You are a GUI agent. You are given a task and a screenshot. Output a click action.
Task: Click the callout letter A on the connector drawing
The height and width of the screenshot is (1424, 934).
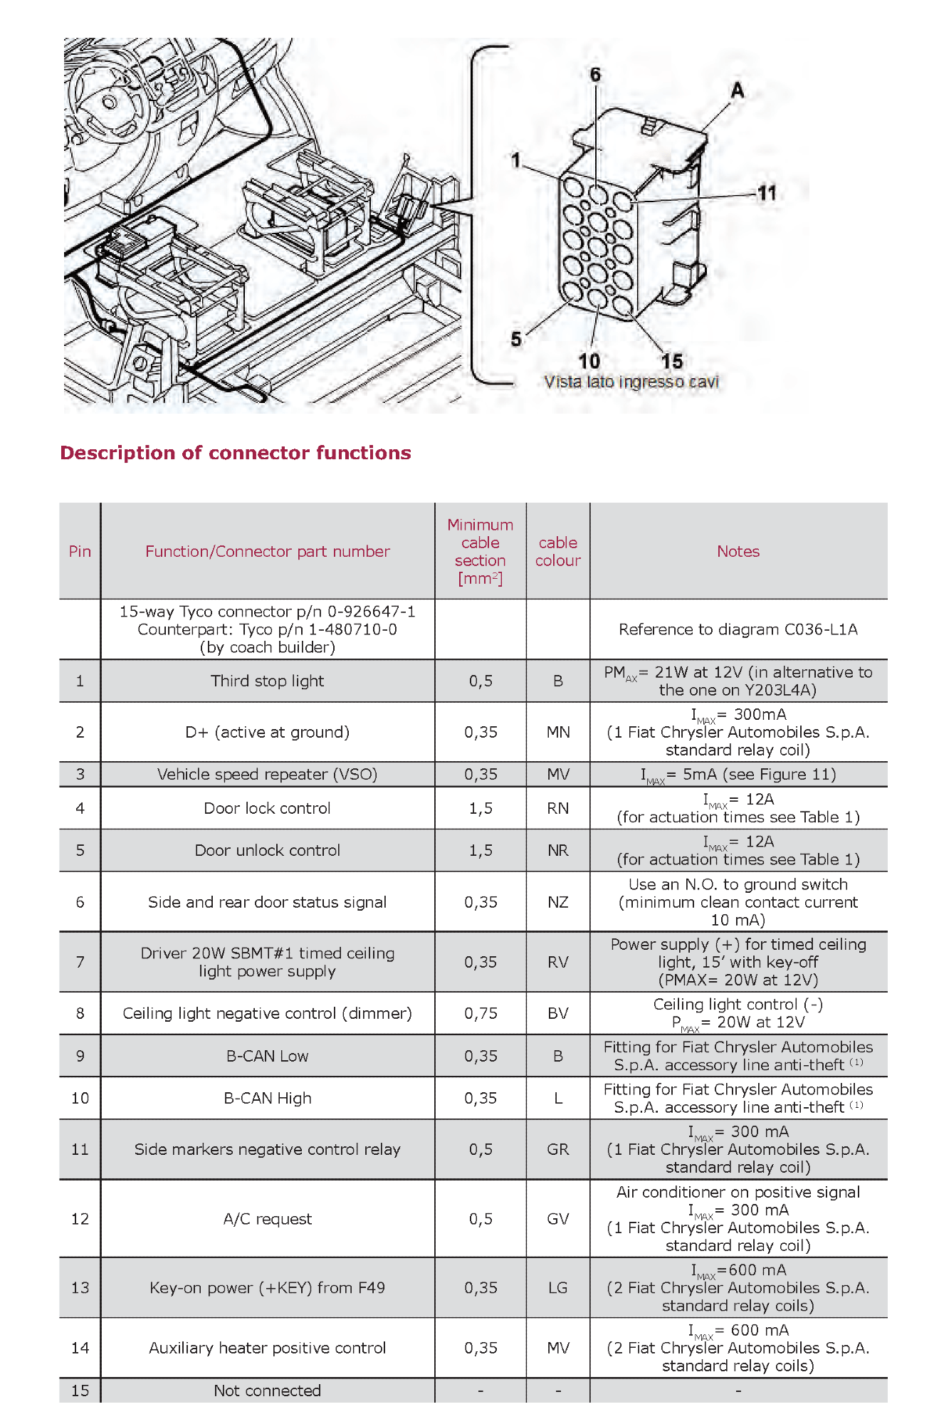click(738, 90)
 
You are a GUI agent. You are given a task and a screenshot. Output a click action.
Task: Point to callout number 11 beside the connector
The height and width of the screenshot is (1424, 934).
click(766, 193)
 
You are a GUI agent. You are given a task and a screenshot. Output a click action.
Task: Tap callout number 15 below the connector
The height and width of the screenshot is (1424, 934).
click(671, 361)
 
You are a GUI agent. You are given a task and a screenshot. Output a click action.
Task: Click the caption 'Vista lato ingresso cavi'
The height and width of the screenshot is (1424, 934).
click(631, 382)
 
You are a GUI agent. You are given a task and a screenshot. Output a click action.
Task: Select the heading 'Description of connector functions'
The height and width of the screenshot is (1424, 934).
click(236, 453)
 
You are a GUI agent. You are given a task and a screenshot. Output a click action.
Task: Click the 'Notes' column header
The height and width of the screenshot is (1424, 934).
click(738, 551)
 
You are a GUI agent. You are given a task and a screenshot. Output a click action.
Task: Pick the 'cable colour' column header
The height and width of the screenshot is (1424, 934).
click(557, 551)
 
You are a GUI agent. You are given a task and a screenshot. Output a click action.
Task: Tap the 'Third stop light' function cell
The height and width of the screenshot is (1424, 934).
click(267, 681)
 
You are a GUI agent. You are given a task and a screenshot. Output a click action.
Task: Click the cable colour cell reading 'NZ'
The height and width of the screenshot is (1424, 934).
click(557, 902)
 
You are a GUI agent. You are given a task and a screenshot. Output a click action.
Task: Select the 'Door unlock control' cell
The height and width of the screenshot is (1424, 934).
click(267, 850)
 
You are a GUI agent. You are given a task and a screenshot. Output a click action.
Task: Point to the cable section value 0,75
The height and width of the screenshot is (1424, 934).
click(481, 1013)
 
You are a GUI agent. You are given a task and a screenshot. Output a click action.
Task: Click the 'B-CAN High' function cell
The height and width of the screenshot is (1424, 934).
click(267, 1098)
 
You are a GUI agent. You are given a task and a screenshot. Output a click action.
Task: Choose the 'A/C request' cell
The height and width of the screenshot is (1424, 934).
click(267, 1219)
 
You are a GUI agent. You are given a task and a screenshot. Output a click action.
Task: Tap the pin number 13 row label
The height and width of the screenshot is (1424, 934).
click(80, 1287)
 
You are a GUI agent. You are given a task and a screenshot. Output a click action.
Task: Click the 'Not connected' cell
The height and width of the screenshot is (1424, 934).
click(267, 1391)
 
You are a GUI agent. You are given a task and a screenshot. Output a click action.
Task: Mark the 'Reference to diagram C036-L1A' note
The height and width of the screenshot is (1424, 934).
click(738, 629)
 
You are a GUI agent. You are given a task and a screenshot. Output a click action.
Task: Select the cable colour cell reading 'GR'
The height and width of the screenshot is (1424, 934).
click(557, 1149)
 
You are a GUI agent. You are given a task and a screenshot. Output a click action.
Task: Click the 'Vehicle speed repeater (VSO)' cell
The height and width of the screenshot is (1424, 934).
click(267, 774)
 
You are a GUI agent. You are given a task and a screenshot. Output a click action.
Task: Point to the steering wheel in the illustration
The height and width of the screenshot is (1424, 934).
click(107, 103)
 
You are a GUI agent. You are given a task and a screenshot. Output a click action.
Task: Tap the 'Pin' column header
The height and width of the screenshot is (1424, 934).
click(80, 551)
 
